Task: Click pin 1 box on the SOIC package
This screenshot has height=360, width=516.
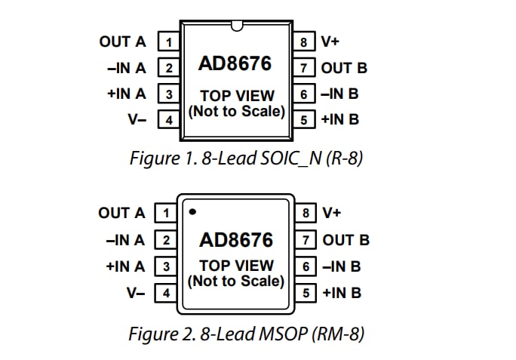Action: [x=168, y=42]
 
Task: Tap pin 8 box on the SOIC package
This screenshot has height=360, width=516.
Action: [x=303, y=42]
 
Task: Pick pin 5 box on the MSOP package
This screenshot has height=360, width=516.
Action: [x=305, y=292]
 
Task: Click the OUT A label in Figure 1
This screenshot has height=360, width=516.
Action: [x=123, y=42]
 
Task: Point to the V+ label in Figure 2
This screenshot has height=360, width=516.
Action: [x=332, y=213]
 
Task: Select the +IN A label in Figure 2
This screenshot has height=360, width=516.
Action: [x=125, y=266]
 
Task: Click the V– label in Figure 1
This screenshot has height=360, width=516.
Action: [x=137, y=119]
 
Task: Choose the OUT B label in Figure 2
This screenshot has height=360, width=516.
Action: [x=346, y=240]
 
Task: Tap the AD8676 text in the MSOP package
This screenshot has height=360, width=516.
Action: [x=236, y=241]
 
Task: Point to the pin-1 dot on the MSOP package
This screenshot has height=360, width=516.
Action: [x=193, y=212]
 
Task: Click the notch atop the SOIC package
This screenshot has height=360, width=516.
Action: [x=236, y=29]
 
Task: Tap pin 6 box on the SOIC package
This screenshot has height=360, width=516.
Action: [x=303, y=94]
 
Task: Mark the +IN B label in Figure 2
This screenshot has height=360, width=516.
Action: [x=341, y=293]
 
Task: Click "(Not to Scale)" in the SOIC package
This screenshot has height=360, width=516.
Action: [x=236, y=112]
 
